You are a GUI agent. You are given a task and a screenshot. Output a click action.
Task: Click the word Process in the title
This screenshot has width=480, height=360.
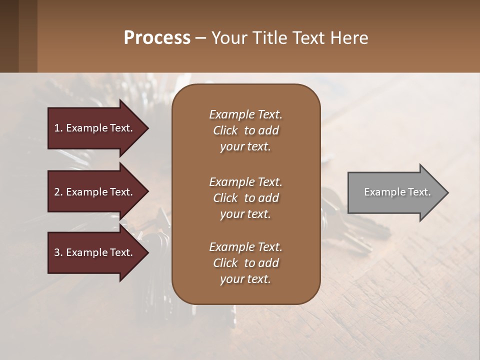157,38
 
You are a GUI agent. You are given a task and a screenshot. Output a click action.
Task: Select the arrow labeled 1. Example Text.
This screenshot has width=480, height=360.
95,128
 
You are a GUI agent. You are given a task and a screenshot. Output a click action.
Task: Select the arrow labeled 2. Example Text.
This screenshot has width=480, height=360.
95,192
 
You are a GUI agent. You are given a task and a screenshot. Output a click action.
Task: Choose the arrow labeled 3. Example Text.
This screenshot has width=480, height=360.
95,252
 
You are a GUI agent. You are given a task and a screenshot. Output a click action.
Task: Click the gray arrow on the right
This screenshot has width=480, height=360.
395,192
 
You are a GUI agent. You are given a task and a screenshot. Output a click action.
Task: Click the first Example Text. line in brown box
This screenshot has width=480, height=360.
245,114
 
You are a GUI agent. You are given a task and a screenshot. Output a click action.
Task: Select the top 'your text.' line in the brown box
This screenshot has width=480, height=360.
245,146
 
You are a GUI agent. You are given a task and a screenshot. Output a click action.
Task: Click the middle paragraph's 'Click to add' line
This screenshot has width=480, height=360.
245,198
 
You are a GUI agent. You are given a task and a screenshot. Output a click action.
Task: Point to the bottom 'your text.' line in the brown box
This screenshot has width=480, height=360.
245,279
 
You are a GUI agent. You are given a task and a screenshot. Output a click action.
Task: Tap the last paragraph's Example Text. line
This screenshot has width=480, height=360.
245,247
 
